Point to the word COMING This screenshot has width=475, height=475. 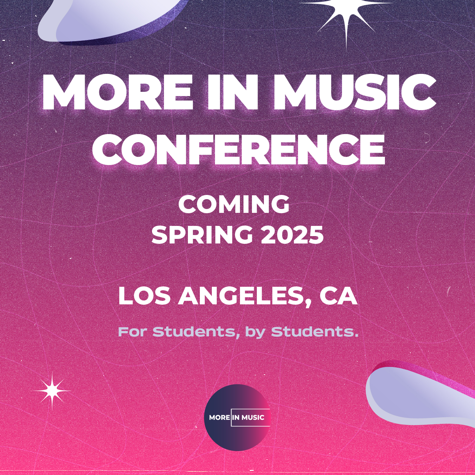click(234, 204)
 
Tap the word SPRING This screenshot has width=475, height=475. click(202, 235)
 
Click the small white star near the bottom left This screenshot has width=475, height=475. click(52, 391)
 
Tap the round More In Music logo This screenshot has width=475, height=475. click(237, 417)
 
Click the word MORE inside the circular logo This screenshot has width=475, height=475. click(220, 417)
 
